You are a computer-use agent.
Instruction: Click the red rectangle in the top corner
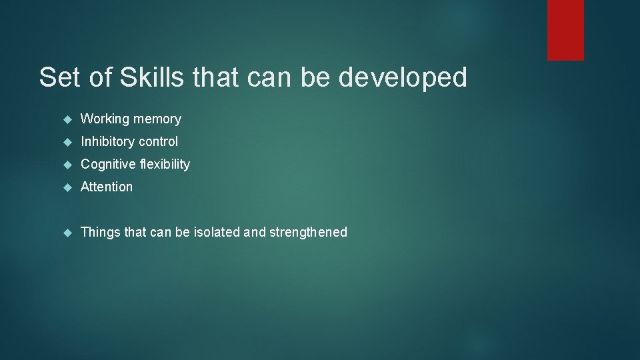pyautogui.click(x=565, y=30)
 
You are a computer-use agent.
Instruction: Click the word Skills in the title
pyautogui.click(x=153, y=78)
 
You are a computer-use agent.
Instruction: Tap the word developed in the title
pyautogui.click(x=403, y=78)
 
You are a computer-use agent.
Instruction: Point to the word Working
pyautogui.click(x=105, y=119)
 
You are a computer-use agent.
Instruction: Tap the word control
pyautogui.click(x=158, y=142)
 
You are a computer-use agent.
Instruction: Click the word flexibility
pyautogui.click(x=165, y=165)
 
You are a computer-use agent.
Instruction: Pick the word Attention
pyautogui.click(x=107, y=187)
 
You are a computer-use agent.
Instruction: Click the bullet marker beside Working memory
pyautogui.click(x=67, y=119)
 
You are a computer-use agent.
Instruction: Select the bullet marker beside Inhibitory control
pyautogui.click(x=67, y=142)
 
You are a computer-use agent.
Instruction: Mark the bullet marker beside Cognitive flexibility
pyautogui.click(x=67, y=165)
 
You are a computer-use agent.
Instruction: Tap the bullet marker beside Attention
pyautogui.click(x=67, y=187)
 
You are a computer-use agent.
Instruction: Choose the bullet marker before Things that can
pyautogui.click(x=67, y=233)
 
